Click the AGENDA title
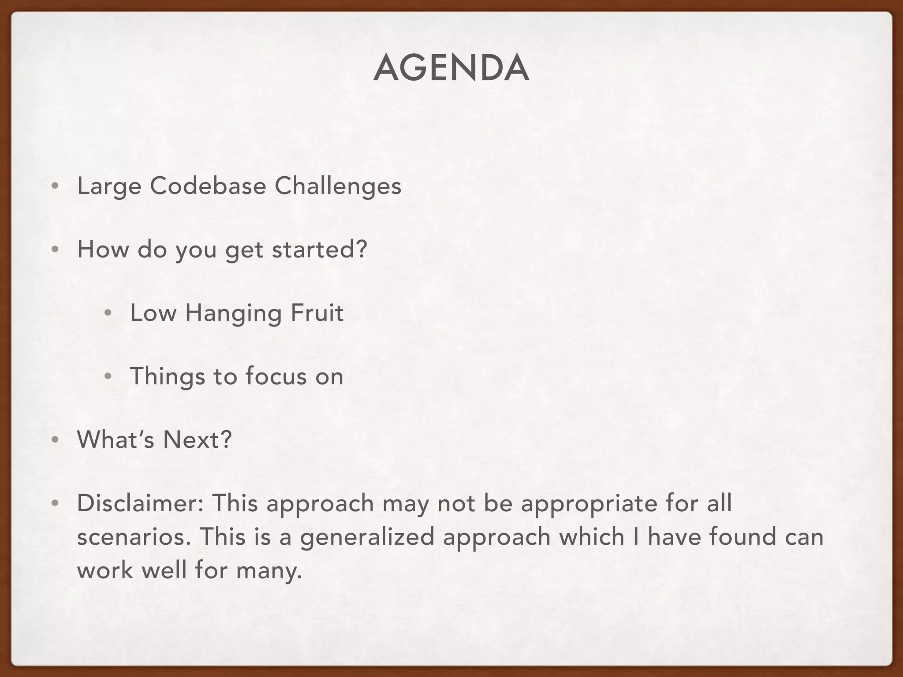(x=451, y=68)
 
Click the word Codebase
(x=208, y=186)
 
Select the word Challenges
(x=338, y=186)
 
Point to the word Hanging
(x=233, y=313)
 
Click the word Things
(x=168, y=377)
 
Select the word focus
(x=276, y=376)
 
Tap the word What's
(x=116, y=439)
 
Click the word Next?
(x=197, y=439)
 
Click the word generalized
(x=367, y=538)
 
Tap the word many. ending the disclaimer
(x=269, y=570)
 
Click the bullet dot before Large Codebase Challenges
(x=55, y=186)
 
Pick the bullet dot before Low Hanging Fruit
(x=108, y=313)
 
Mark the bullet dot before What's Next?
(x=55, y=440)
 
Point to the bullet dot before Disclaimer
(x=55, y=503)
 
